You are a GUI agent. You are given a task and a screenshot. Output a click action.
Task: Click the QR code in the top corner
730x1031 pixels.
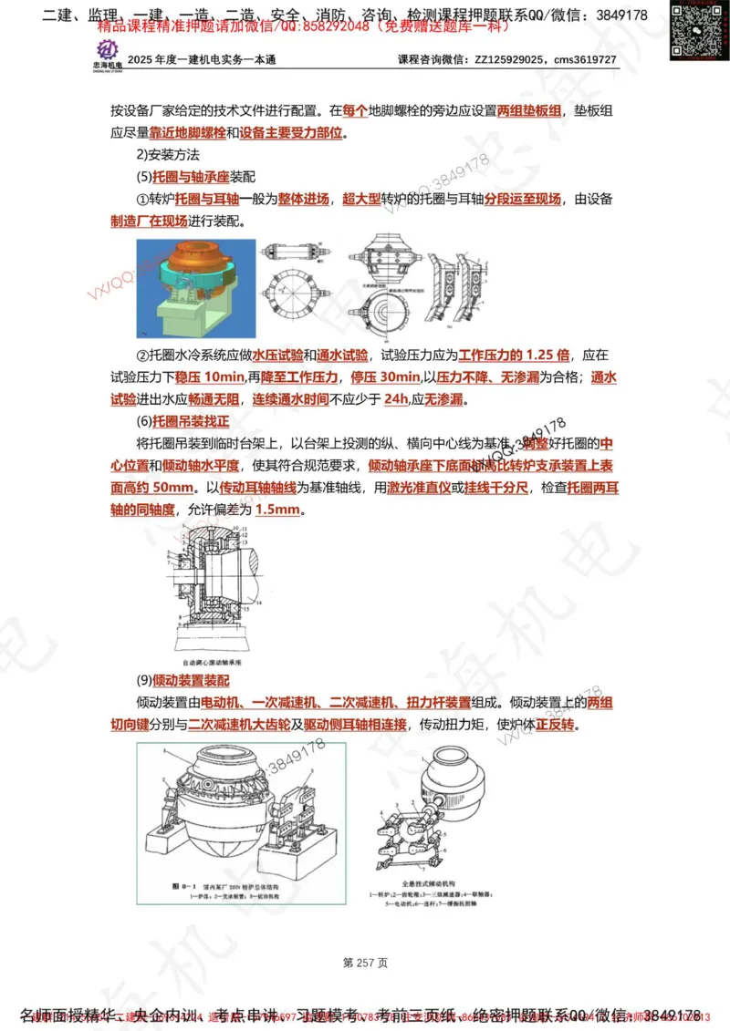[693, 30]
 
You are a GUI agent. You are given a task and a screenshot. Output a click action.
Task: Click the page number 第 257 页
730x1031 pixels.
[365, 962]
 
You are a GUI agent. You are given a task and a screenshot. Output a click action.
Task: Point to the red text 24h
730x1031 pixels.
[396, 399]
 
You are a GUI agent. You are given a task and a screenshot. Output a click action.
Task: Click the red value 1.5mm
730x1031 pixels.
[277, 510]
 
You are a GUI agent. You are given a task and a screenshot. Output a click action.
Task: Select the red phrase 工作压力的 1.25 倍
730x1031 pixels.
[514, 355]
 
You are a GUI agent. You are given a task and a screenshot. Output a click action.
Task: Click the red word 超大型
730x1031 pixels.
[360, 199]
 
